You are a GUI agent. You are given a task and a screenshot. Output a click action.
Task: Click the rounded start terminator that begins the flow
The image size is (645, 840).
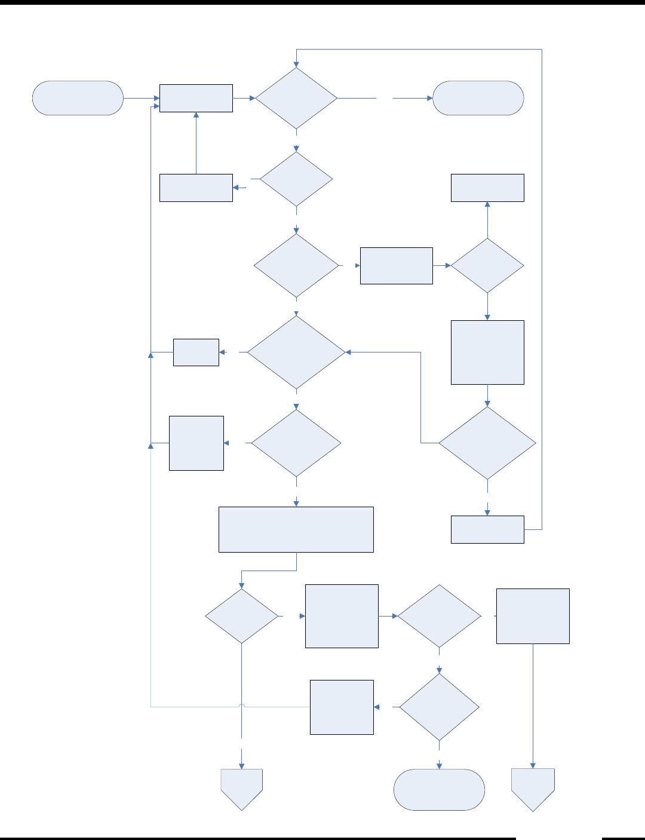pyautogui.click(x=78, y=98)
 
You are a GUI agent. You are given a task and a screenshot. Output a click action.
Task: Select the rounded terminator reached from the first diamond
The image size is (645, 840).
pyautogui.click(x=478, y=98)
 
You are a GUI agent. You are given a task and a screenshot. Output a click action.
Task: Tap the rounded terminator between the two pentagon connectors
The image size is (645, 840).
pyautogui.click(x=439, y=789)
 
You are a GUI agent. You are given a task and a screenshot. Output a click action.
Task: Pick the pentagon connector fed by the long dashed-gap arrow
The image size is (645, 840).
pyautogui.click(x=242, y=788)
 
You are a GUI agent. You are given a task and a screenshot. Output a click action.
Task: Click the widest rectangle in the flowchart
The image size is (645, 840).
pyautogui.click(x=296, y=529)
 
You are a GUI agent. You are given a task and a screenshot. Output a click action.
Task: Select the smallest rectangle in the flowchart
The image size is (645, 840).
pyautogui.click(x=196, y=352)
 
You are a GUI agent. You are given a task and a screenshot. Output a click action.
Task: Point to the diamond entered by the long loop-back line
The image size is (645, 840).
pyautogui.click(x=296, y=98)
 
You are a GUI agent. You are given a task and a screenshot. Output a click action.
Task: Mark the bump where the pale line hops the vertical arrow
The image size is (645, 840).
pyautogui.click(x=242, y=707)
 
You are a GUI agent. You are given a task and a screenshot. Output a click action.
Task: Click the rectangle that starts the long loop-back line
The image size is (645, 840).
pyautogui.click(x=487, y=529)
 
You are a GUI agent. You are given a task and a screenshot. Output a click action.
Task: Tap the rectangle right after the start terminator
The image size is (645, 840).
pyautogui.click(x=196, y=98)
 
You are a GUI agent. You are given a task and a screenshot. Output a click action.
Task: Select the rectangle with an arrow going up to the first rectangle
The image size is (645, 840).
pyautogui.click(x=196, y=188)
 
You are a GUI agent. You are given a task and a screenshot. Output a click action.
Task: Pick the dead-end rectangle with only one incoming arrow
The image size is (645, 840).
pyautogui.click(x=487, y=188)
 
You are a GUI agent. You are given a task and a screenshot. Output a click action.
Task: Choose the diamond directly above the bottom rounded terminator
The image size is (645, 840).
pyautogui.click(x=439, y=707)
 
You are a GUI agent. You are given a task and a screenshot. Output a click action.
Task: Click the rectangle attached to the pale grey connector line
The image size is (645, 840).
pyautogui.click(x=342, y=707)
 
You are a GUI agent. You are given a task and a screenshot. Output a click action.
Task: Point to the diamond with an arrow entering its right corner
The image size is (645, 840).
pyautogui.click(x=296, y=352)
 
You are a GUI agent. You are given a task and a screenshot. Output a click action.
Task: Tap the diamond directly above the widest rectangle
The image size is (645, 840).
pyautogui.click(x=296, y=443)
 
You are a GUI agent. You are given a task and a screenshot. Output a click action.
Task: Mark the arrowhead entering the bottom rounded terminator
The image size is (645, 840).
pyautogui.click(x=439, y=766)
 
